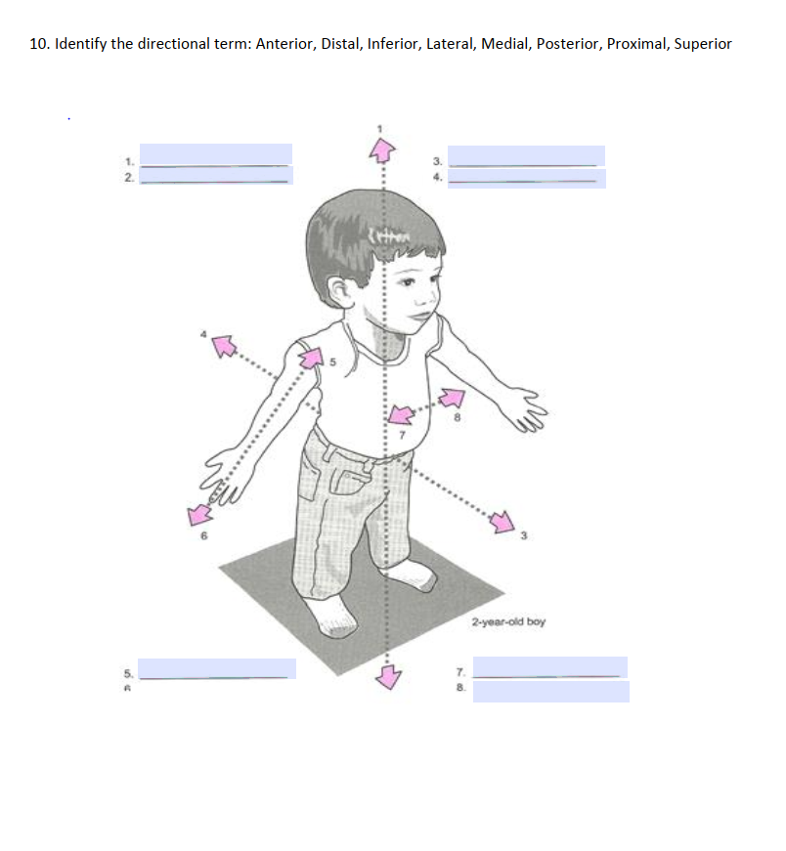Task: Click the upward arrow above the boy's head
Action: [380, 148]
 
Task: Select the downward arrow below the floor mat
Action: [389, 676]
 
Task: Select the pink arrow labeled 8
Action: [451, 398]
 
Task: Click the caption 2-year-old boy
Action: [507, 621]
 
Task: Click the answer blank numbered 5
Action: [219, 668]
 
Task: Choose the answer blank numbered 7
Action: [550, 667]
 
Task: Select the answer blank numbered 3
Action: [526, 156]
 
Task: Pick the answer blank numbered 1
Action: [216, 155]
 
